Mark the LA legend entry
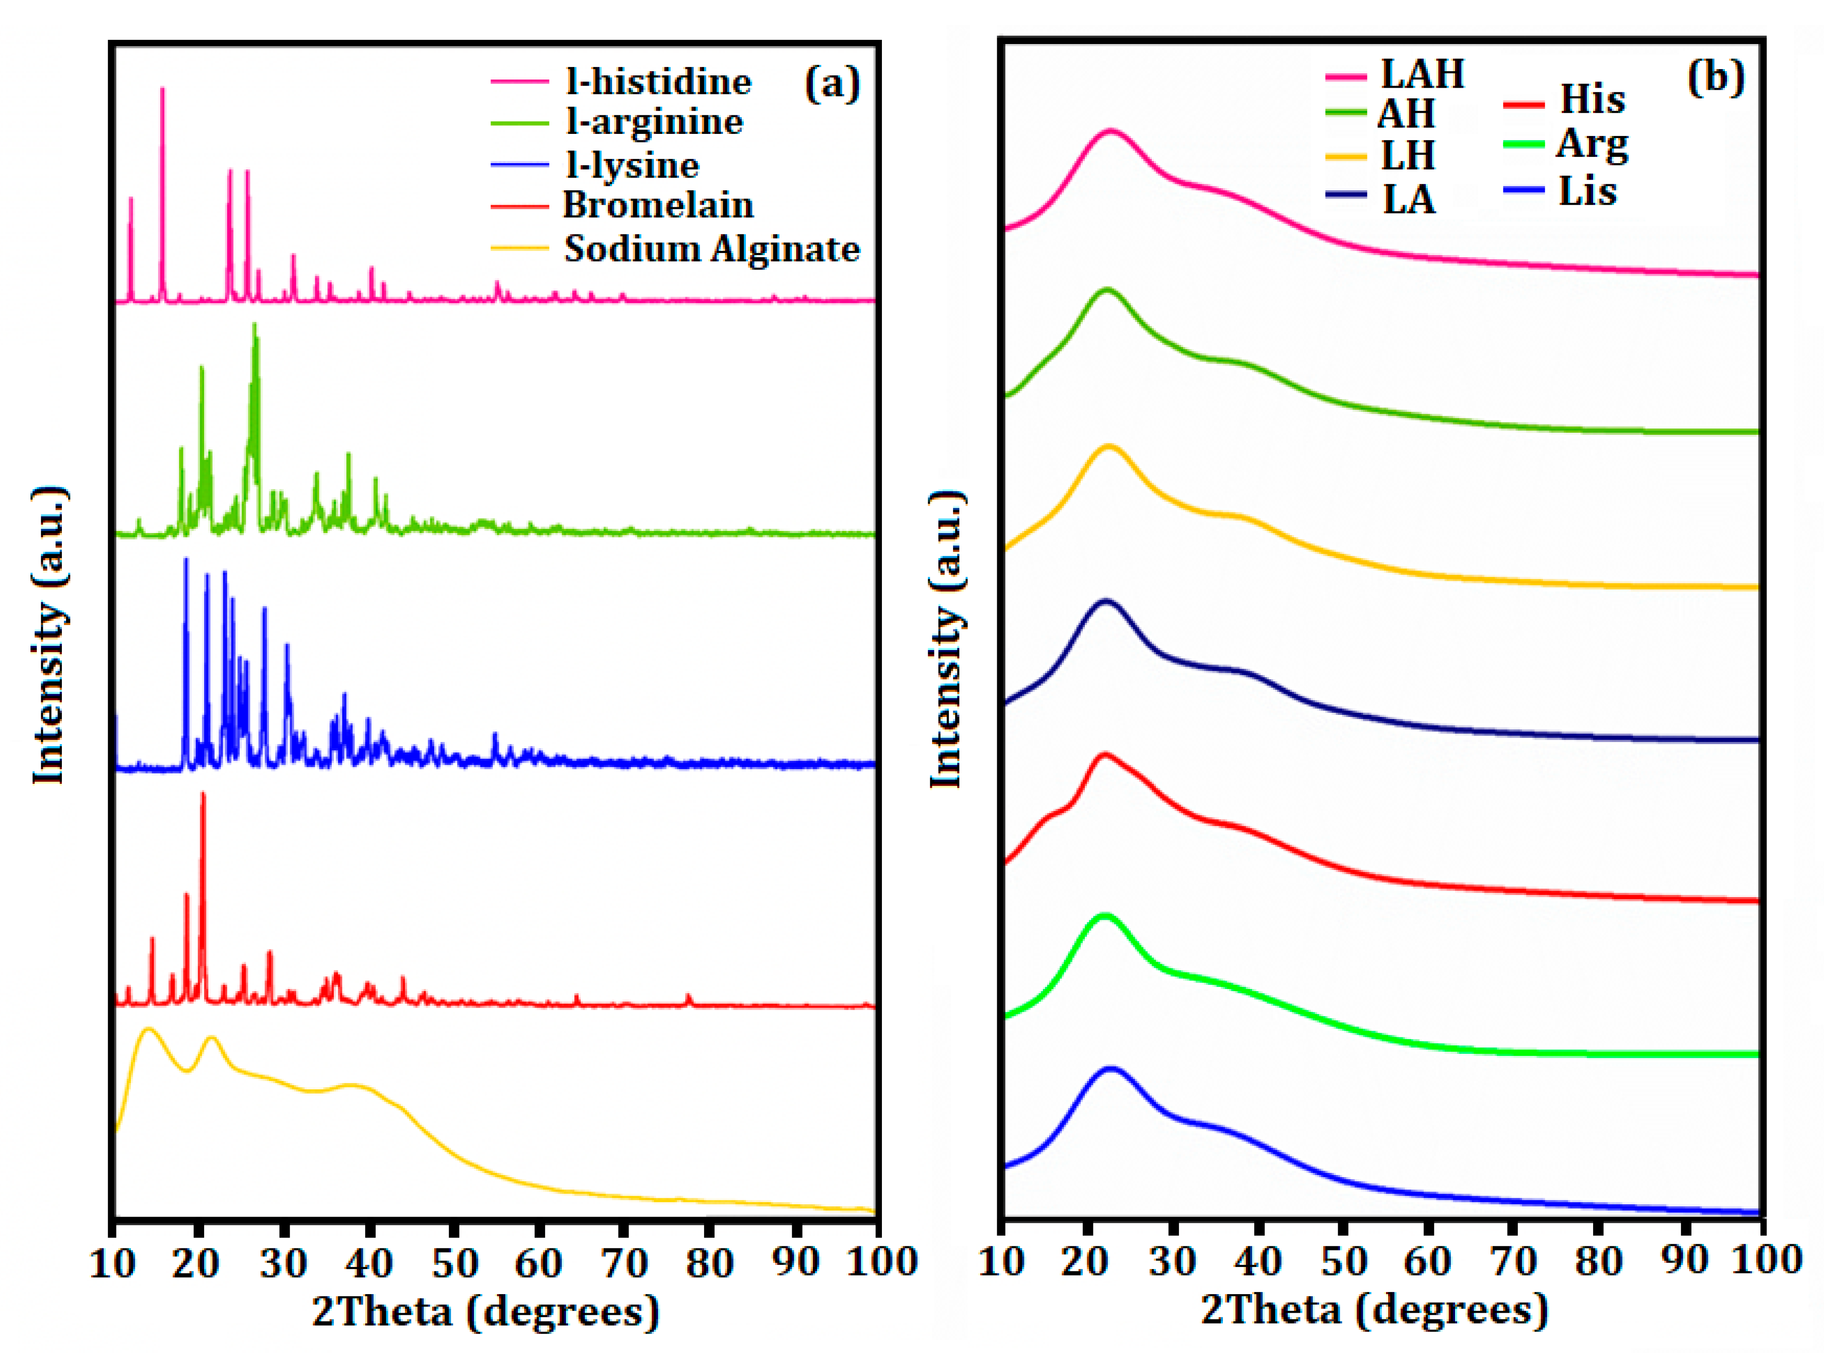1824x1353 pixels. [x=1408, y=199]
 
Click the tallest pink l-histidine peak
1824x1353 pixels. [x=162, y=90]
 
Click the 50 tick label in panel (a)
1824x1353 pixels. [x=455, y=1262]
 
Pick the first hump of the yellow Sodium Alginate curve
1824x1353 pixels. [x=148, y=1030]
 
